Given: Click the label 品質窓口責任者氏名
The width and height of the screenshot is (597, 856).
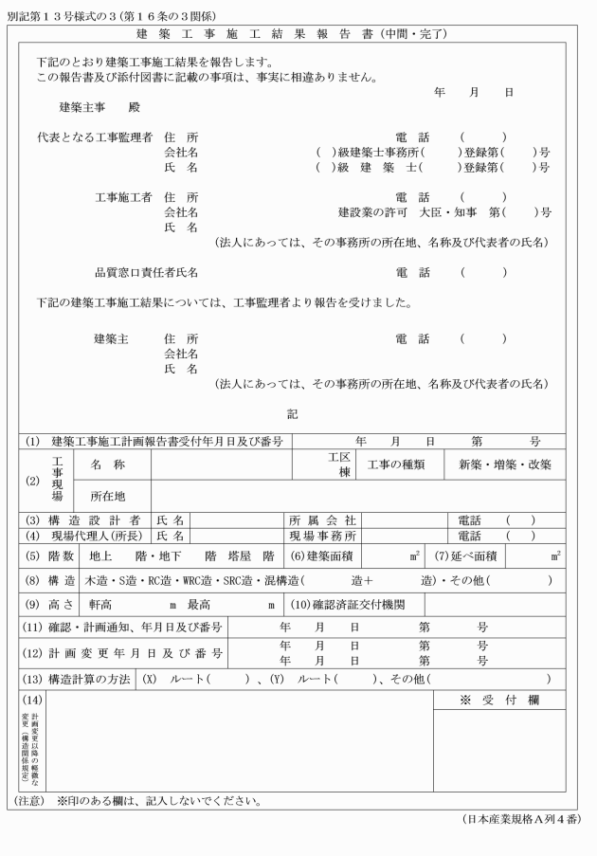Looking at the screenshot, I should point(146,273).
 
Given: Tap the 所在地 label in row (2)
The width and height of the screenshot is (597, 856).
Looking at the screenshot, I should point(107,496).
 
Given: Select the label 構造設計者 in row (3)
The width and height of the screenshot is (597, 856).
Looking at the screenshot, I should point(96,519).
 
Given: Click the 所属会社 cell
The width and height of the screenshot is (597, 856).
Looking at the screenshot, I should point(321,519).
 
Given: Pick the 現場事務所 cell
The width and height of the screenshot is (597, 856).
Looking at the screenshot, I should point(321,535).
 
